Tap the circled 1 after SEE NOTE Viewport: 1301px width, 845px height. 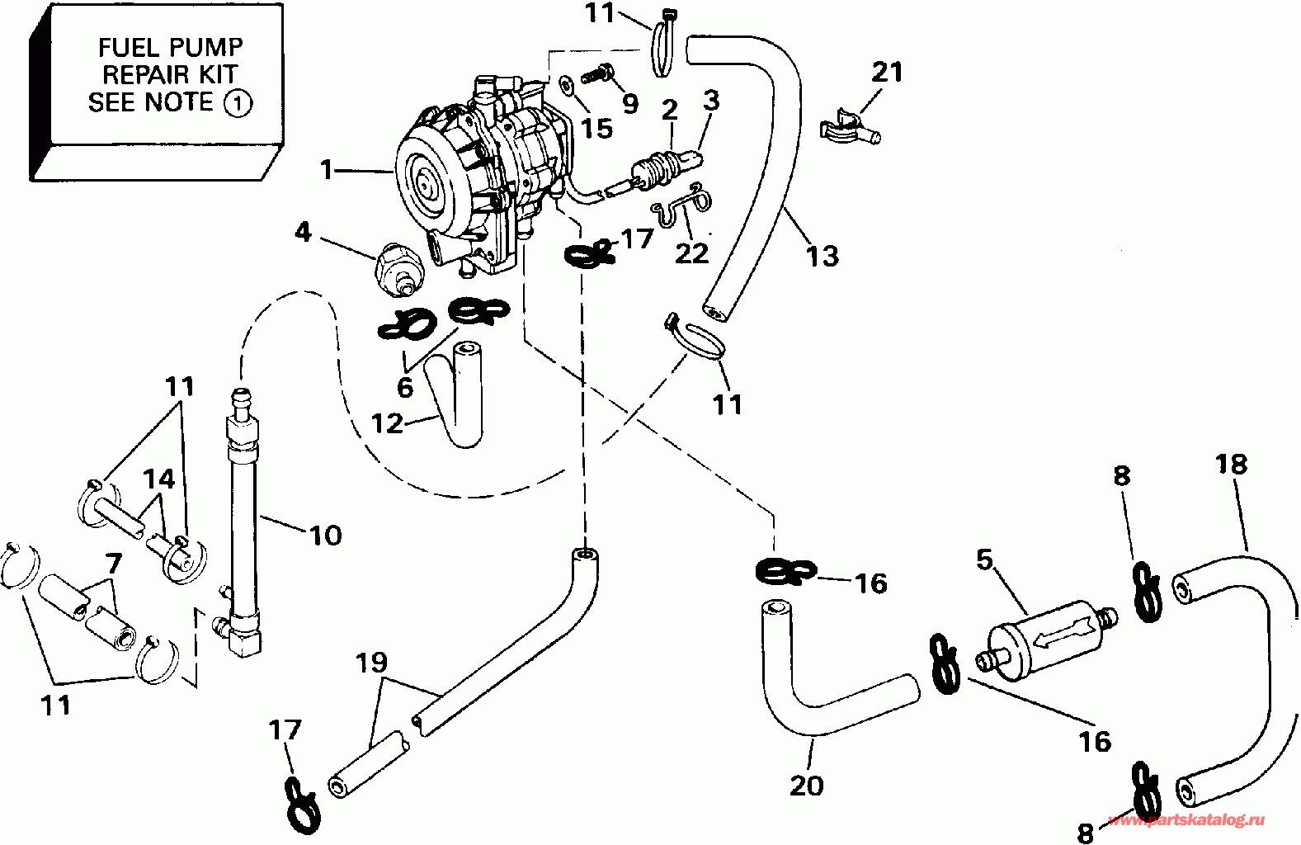[238, 105]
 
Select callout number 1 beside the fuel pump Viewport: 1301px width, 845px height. [327, 170]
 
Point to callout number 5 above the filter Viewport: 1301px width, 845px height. [984, 559]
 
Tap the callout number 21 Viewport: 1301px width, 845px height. [888, 72]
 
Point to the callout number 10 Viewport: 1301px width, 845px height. [326, 536]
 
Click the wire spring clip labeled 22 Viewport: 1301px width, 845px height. [681, 207]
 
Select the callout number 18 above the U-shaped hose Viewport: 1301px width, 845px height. [1230, 464]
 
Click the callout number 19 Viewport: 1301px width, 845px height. [372, 662]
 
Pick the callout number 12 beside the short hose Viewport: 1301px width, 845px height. [388, 423]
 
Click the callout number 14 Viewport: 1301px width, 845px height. [159, 479]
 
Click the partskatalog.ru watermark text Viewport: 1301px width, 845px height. [1186, 820]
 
